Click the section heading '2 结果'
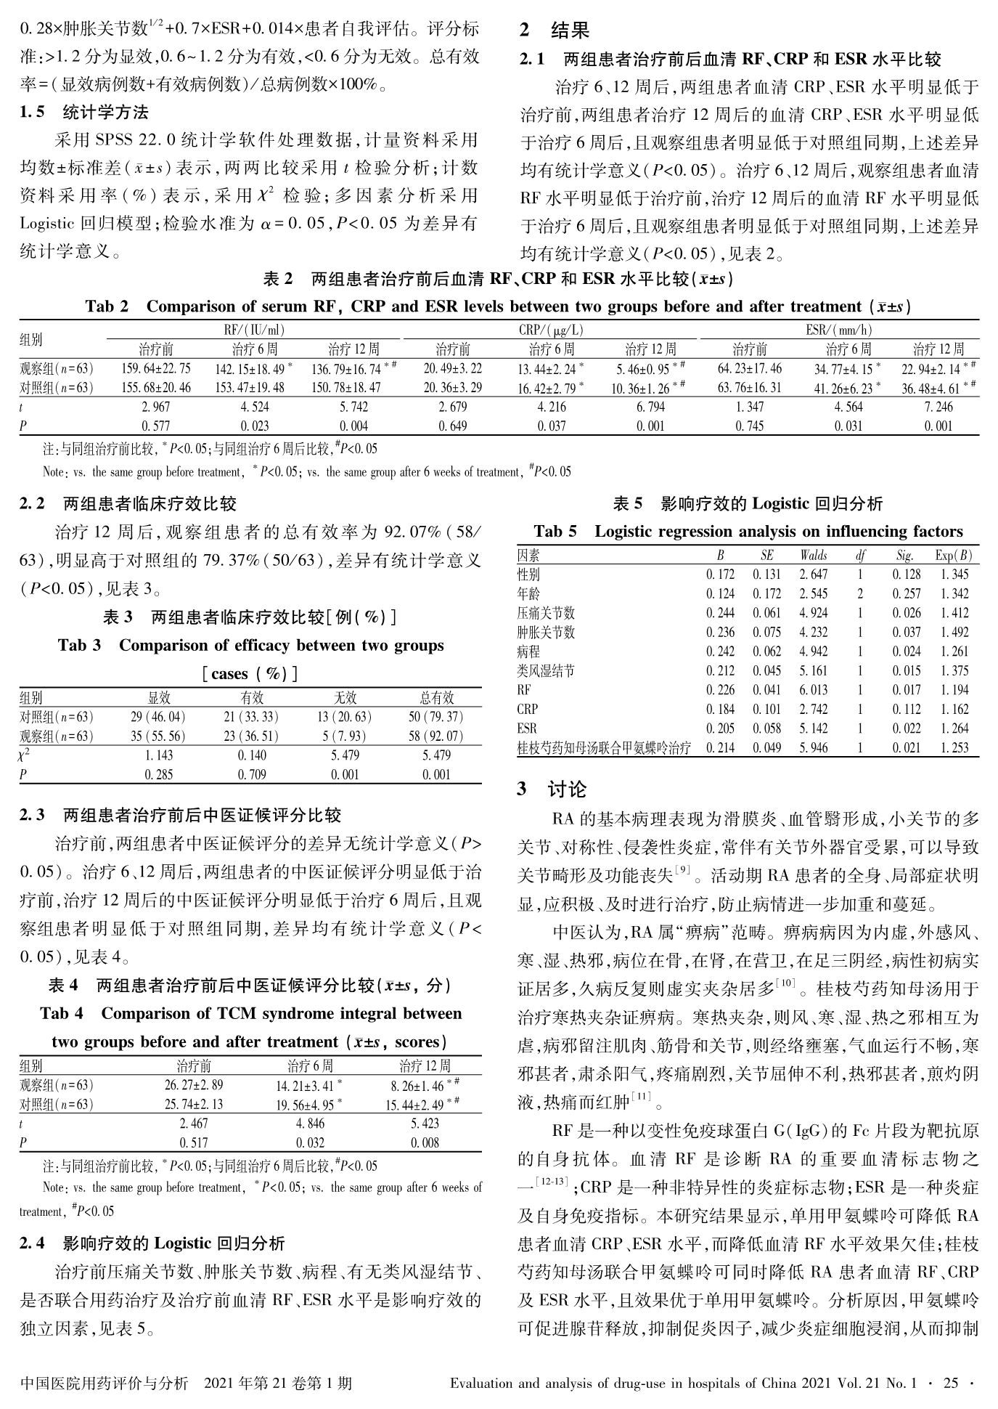[555, 31]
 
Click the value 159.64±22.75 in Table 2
[155, 369]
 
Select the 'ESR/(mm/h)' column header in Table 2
[838, 330]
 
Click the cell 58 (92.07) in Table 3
[435, 736]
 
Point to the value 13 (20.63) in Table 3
[344, 717]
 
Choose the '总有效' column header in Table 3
[436, 698]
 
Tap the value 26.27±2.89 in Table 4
[194, 1086]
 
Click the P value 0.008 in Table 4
[425, 1142]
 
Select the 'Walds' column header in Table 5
[813, 556]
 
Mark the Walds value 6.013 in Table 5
[813, 690]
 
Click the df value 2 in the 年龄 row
[859, 593]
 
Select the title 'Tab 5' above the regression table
[556, 532]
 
